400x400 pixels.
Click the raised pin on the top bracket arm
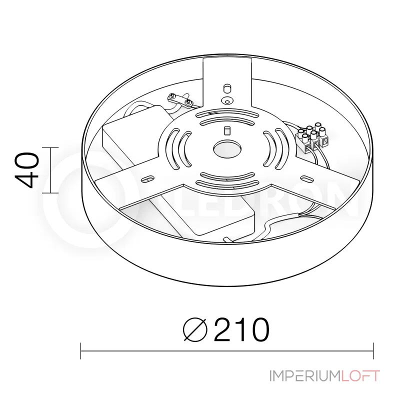click(x=226, y=87)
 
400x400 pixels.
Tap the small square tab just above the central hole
click(x=226, y=131)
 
